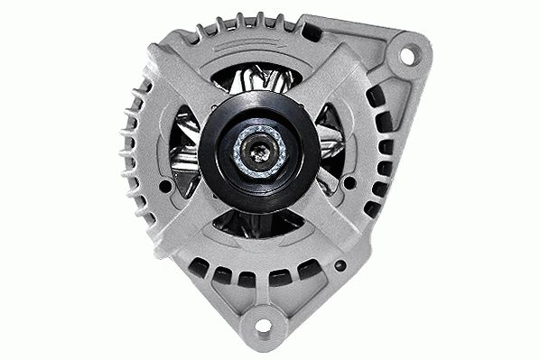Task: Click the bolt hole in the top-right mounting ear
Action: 406,55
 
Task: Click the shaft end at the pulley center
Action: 259,153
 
